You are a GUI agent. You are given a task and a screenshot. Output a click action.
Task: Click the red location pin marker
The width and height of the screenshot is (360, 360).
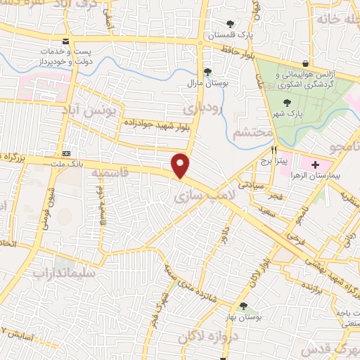pos(181,165)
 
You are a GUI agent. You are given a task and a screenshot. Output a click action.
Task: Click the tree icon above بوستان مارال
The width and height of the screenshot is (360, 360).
pos(207,72)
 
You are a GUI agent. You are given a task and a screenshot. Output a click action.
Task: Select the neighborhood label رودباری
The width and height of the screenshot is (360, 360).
pos(202,109)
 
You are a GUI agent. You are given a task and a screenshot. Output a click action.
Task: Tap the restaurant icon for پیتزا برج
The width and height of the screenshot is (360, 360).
pos(275,150)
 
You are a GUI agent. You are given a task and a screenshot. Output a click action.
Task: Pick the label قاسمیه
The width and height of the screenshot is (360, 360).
pos(127,172)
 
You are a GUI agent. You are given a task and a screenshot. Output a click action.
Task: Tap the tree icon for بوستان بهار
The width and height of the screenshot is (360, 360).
pos(243,307)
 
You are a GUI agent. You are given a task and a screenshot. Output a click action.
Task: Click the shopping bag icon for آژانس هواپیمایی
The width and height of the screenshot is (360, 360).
pos(304,63)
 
